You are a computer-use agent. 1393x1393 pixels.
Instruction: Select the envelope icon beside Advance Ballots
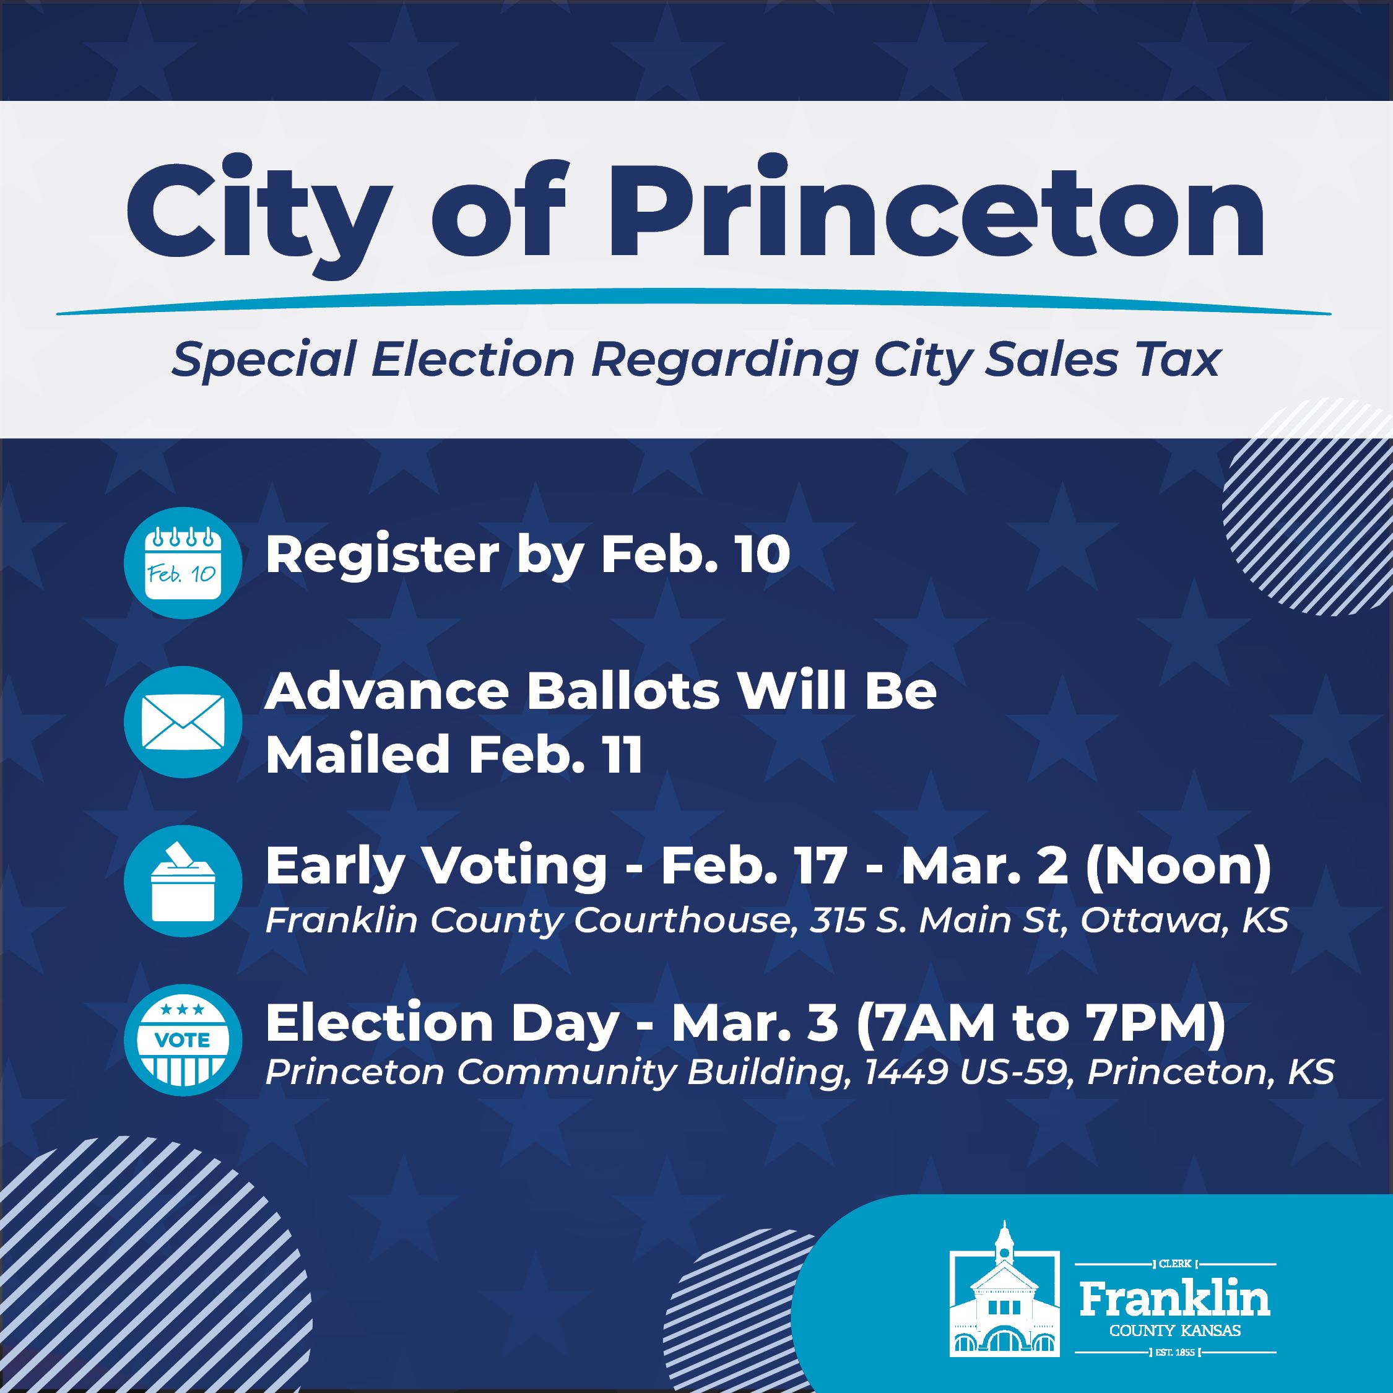(183, 721)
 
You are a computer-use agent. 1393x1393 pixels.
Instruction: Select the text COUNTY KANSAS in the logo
(1175, 1331)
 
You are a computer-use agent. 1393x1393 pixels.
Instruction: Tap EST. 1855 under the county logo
(1175, 1352)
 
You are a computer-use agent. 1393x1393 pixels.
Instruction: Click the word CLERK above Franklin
(1175, 1264)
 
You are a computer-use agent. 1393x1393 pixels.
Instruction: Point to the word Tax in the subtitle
(1183, 359)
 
